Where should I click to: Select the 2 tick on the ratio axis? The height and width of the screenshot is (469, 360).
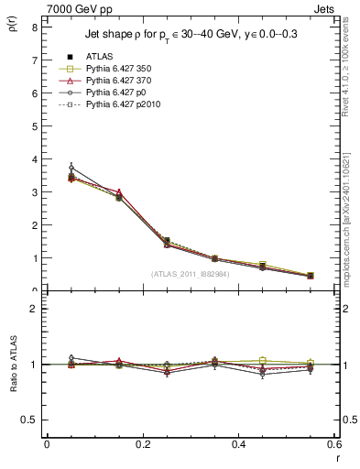[x=34, y=309]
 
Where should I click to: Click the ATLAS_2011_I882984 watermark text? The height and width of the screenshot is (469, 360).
[x=190, y=274]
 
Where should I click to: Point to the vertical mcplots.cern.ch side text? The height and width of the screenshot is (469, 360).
[x=346, y=229]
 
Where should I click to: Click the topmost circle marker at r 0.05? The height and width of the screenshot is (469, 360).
[x=71, y=168]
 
